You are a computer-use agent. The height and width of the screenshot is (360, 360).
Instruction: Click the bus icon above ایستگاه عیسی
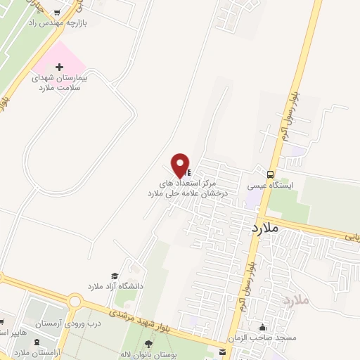(271, 174)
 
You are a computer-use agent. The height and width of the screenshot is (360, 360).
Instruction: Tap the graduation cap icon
(113, 276)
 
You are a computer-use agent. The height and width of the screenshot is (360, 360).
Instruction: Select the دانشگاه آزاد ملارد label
(115, 287)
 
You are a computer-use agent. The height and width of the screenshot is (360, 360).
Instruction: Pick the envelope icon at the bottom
(222, 352)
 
